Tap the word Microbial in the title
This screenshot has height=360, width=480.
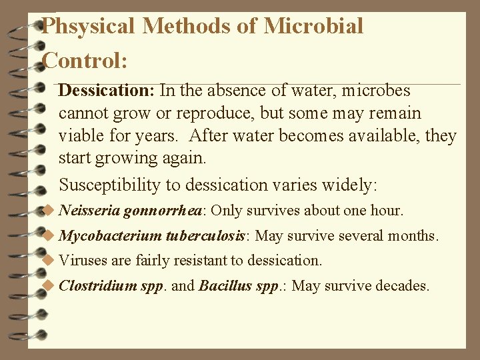coord(313,26)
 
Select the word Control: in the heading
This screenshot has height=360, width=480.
coord(85,61)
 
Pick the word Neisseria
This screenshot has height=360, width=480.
coord(90,211)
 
